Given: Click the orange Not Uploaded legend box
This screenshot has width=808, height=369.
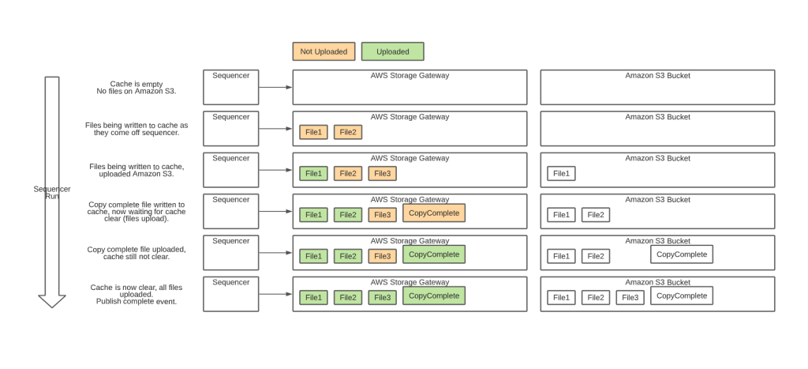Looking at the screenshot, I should pos(324,51).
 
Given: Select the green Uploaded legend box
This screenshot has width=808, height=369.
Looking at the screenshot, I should pos(392,51).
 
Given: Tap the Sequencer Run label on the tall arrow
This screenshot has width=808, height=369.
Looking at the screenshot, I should pos(52,192).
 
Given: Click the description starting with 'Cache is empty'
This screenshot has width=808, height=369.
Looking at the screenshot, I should pos(137,87).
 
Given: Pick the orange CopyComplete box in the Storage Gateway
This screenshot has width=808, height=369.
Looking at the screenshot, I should pos(433,213).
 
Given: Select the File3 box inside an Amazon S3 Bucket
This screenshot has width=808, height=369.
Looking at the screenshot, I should pos(630,297).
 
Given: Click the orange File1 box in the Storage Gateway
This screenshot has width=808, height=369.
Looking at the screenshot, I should pos(313,132).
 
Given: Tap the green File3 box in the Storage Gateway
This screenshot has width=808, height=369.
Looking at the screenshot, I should pos(382,297).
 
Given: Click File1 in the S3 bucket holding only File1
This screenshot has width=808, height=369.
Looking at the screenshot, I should pos(561,173).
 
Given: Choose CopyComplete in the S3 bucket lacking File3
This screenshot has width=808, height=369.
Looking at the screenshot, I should pos(681,254).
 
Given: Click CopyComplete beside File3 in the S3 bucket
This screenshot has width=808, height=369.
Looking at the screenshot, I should pos(681,296).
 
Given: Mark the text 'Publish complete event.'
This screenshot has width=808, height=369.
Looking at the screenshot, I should pos(137,301).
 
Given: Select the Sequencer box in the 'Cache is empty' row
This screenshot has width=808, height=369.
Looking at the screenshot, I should pos(230,87).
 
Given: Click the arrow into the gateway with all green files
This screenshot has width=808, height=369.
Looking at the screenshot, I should pos(275,294).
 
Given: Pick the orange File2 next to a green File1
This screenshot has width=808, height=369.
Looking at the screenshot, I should pos(347,173).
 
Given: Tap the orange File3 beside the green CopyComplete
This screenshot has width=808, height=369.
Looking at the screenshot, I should pos(382,256).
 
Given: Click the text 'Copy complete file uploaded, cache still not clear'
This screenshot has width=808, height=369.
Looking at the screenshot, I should pos(137,253).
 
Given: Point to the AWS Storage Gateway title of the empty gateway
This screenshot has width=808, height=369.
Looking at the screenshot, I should pos(410,76).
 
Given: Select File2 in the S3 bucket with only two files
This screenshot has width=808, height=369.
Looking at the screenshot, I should pos(596,214).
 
